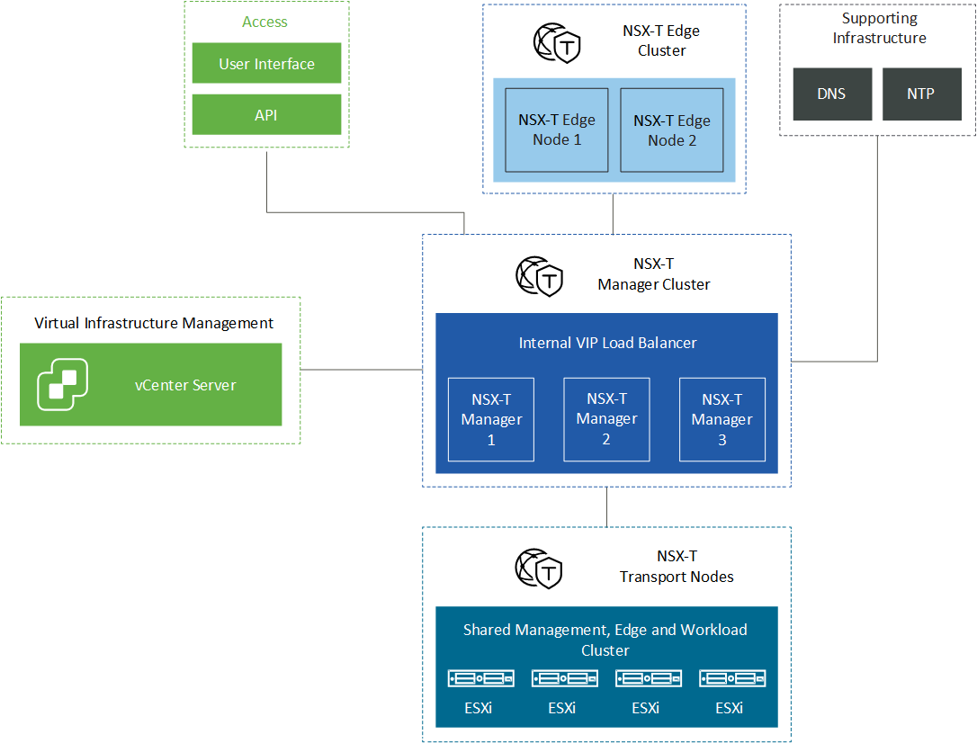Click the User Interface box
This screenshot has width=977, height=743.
click(x=266, y=63)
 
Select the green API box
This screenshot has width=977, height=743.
click(x=266, y=114)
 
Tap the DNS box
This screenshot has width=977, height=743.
click(x=832, y=94)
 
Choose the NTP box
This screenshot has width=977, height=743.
click(x=922, y=94)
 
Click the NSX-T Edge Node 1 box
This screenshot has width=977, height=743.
click(x=556, y=130)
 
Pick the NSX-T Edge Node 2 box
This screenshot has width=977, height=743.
click(x=672, y=130)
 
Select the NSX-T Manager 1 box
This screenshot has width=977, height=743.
click(x=491, y=419)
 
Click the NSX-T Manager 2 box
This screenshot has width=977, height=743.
click(x=607, y=419)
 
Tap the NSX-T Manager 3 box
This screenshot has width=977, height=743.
click(x=722, y=419)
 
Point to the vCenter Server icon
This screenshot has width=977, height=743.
click(x=62, y=384)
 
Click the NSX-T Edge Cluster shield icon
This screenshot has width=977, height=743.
click(x=557, y=43)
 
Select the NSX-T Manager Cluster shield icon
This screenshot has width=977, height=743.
click(x=540, y=276)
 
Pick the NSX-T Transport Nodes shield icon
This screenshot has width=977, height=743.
click(x=539, y=568)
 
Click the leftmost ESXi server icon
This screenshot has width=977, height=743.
click(x=481, y=678)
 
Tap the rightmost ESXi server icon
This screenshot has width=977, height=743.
click(x=732, y=678)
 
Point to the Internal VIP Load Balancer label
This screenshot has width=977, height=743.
click(x=607, y=343)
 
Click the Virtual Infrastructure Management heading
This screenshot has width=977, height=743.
click(x=154, y=323)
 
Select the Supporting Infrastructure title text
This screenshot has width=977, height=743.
click(x=879, y=28)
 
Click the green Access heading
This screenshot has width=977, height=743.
click(x=264, y=22)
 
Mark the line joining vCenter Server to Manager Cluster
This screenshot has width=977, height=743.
click(x=362, y=370)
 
